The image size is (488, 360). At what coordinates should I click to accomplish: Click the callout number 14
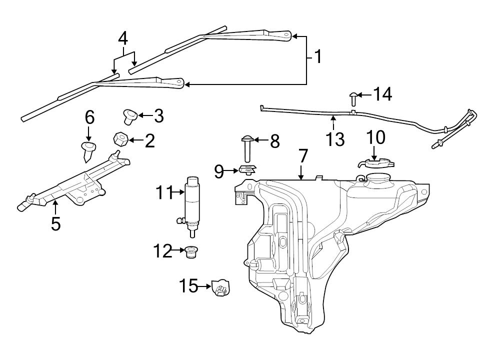point(382,94)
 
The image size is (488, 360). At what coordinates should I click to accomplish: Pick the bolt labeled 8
point(247,148)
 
